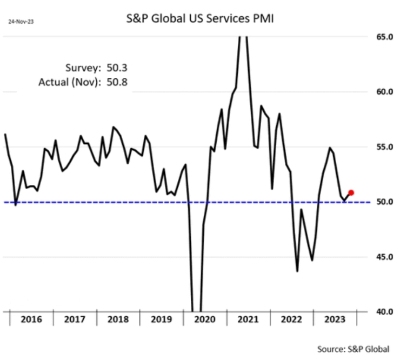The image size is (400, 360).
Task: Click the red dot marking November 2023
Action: [351, 192]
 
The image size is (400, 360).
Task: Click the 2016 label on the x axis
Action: [31, 319]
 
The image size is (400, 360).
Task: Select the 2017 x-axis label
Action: [75, 319]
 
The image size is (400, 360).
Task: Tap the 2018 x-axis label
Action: [118, 319]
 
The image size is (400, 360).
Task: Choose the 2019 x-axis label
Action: [162, 319]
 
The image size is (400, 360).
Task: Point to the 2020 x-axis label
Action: [205, 319]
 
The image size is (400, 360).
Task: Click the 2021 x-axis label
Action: [249, 319]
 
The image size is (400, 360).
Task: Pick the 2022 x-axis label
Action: [292, 319]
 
